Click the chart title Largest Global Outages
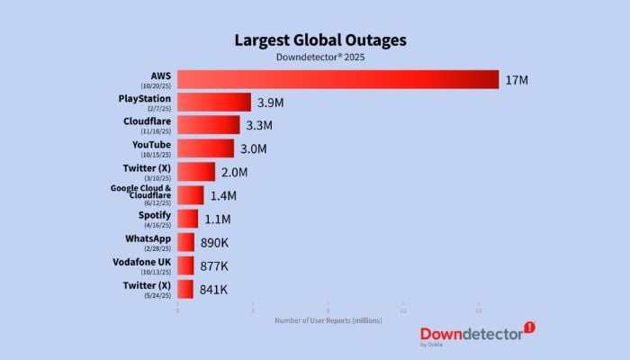pyautogui.click(x=320, y=40)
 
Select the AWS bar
pyautogui.click(x=337, y=79)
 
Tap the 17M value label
pyautogui.click(x=516, y=80)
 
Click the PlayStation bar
pyautogui.click(x=214, y=103)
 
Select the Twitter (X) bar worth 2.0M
pyautogui.click(x=196, y=172)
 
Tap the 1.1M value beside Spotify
pyautogui.click(x=217, y=219)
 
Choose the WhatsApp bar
pyautogui.click(x=185, y=242)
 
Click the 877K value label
pyautogui.click(x=213, y=265)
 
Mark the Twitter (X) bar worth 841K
pyautogui.click(x=185, y=289)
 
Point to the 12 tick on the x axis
pyautogui.click(x=403, y=310)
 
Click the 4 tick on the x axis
pyautogui.click(x=253, y=310)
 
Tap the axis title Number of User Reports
pyautogui.click(x=328, y=320)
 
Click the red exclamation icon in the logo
pyautogui.click(x=529, y=328)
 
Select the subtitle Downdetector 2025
pyautogui.click(x=320, y=57)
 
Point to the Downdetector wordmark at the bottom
pyautogui.click(x=471, y=333)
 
